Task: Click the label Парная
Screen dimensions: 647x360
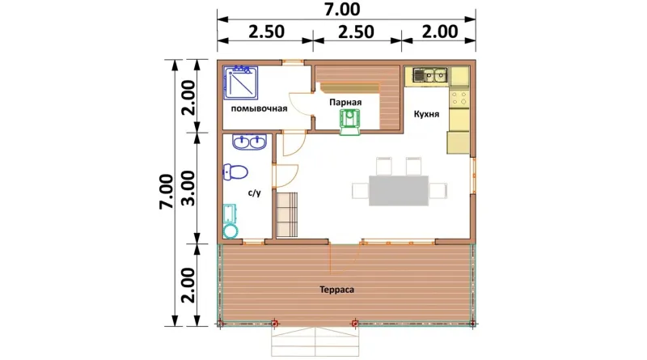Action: [x=345, y=103]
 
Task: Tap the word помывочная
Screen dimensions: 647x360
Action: [x=259, y=108]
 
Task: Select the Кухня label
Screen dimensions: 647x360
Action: [x=427, y=114]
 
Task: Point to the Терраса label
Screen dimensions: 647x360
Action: [x=336, y=290]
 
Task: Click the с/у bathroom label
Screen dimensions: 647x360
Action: [x=255, y=193]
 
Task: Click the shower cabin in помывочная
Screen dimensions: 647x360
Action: [x=241, y=83]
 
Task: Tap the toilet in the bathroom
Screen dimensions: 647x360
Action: [x=235, y=172]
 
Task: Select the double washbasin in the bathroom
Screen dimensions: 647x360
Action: [x=249, y=142]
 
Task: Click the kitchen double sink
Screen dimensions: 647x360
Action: [x=429, y=75]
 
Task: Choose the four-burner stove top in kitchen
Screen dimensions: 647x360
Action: [x=459, y=98]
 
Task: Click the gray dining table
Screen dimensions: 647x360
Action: [x=399, y=191]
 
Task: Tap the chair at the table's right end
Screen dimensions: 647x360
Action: [x=438, y=191]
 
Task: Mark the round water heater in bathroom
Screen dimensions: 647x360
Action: [x=230, y=231]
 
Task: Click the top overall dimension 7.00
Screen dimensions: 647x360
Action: [x=342, y=9]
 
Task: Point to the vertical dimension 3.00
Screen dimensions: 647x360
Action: [x=188, y=188]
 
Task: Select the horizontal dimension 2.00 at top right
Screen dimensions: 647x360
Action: [x=440, y=32]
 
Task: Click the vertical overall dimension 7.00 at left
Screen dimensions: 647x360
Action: [x=167, y=192]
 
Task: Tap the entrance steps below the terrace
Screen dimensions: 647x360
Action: [x=315, y=341]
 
